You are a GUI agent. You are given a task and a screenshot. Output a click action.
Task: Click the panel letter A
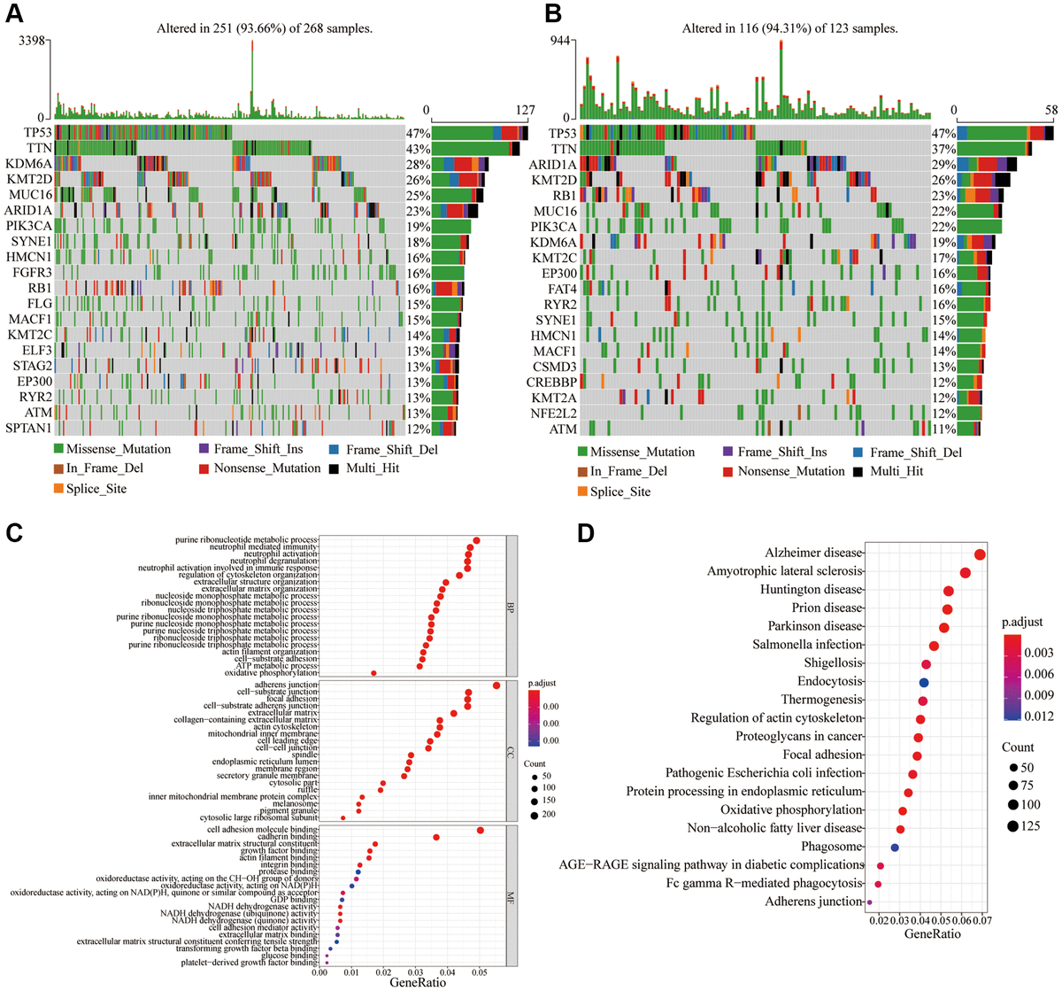point(15,15)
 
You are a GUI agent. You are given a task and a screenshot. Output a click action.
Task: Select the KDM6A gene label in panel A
point(28,164)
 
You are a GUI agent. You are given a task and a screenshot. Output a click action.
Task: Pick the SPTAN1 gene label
point(28,428)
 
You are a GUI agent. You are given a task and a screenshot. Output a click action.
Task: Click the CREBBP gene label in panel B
point(551,382)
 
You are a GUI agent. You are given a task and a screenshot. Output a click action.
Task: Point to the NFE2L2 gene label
point(553,414)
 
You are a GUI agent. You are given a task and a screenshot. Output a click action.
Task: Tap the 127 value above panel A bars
point(525,111)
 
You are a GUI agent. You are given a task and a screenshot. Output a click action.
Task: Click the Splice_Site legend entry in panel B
point(620,492)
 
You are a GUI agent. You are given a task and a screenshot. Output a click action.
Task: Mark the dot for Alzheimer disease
point(980,554)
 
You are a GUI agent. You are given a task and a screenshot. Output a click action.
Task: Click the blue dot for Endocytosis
point(924,682)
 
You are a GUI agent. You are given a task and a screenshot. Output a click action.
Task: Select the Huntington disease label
point(811,590)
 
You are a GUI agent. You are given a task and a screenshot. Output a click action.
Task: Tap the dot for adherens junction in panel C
point(496,685)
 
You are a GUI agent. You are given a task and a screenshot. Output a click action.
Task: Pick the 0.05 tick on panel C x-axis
point(479,970)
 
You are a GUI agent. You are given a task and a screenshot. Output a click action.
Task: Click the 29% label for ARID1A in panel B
point(943,165)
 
